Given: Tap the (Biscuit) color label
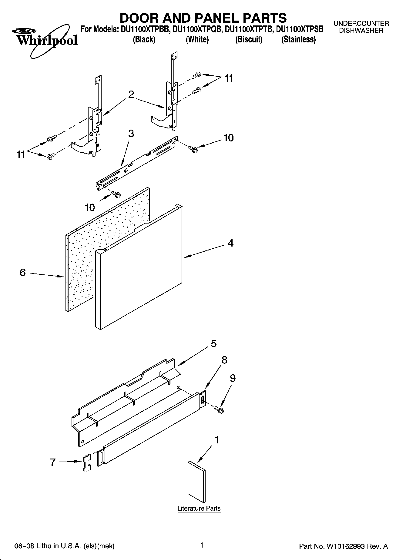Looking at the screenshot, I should click(x=249, y=39).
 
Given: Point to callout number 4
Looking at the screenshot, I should click(x=231, y=243).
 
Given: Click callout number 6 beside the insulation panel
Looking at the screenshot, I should click(x=23, y=273).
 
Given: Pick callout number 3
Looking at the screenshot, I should click(x=131, y=134).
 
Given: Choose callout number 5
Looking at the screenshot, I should click(x=214, y=344).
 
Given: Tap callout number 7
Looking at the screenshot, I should click(x=53, y=462).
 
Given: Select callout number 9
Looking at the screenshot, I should click(x=233, y=378).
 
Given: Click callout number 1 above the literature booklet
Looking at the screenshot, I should click(x=217, y=440).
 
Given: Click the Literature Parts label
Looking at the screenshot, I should click(x=199, y=508).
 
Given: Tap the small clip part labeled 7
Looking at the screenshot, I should click(x=87, y=463).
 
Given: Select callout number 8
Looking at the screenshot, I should click(x=224, y=360).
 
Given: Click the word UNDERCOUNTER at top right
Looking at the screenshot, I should click(x=361, y=24).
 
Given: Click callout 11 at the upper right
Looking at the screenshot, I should click(x=229, y=78).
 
